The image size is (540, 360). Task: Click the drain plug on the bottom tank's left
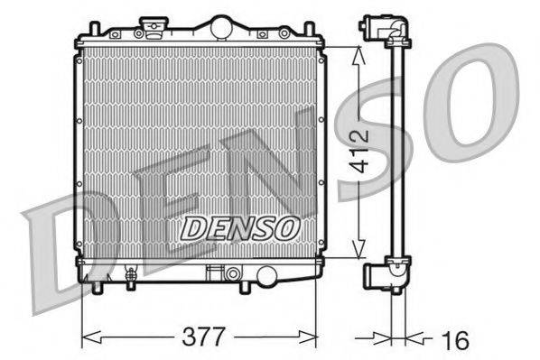[131, 276]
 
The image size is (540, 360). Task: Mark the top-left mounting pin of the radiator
[92, 32]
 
